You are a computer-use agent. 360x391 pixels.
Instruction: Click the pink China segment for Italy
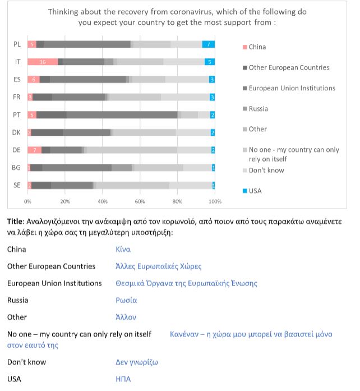(x=43, y=62)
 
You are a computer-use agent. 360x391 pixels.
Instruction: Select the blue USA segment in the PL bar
(x=209, y=44)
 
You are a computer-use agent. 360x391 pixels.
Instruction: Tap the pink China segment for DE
(x=34, y=150)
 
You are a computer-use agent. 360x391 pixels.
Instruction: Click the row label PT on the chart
(x=17, y=115)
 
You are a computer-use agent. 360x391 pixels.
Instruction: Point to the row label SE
(x=17, y=185)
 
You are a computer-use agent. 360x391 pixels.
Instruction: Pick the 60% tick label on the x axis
(x=140, y=201)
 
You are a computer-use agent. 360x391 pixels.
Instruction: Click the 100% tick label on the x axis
(x=215, y=201)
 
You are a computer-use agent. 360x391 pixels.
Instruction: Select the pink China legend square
(x=245, y=47)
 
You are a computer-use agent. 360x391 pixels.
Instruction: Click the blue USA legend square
(x=245, y=191)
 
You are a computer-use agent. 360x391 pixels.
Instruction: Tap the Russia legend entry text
(x=259, y=109)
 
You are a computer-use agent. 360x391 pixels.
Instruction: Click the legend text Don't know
(x=266, y=171)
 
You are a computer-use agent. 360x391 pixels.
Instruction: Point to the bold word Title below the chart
(x=15, y=222)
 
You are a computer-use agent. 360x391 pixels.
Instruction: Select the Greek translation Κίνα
(x=123, y=250)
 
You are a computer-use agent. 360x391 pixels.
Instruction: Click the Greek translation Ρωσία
(x=126, y=300)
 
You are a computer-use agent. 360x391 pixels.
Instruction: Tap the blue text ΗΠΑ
(x=123, y=379)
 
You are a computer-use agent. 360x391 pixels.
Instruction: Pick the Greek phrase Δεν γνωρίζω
(x=137, y=362)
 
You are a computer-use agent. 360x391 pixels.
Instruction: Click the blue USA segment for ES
(x=212, y=80)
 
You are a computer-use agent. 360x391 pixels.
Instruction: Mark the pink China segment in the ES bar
(x=34, y=80)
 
